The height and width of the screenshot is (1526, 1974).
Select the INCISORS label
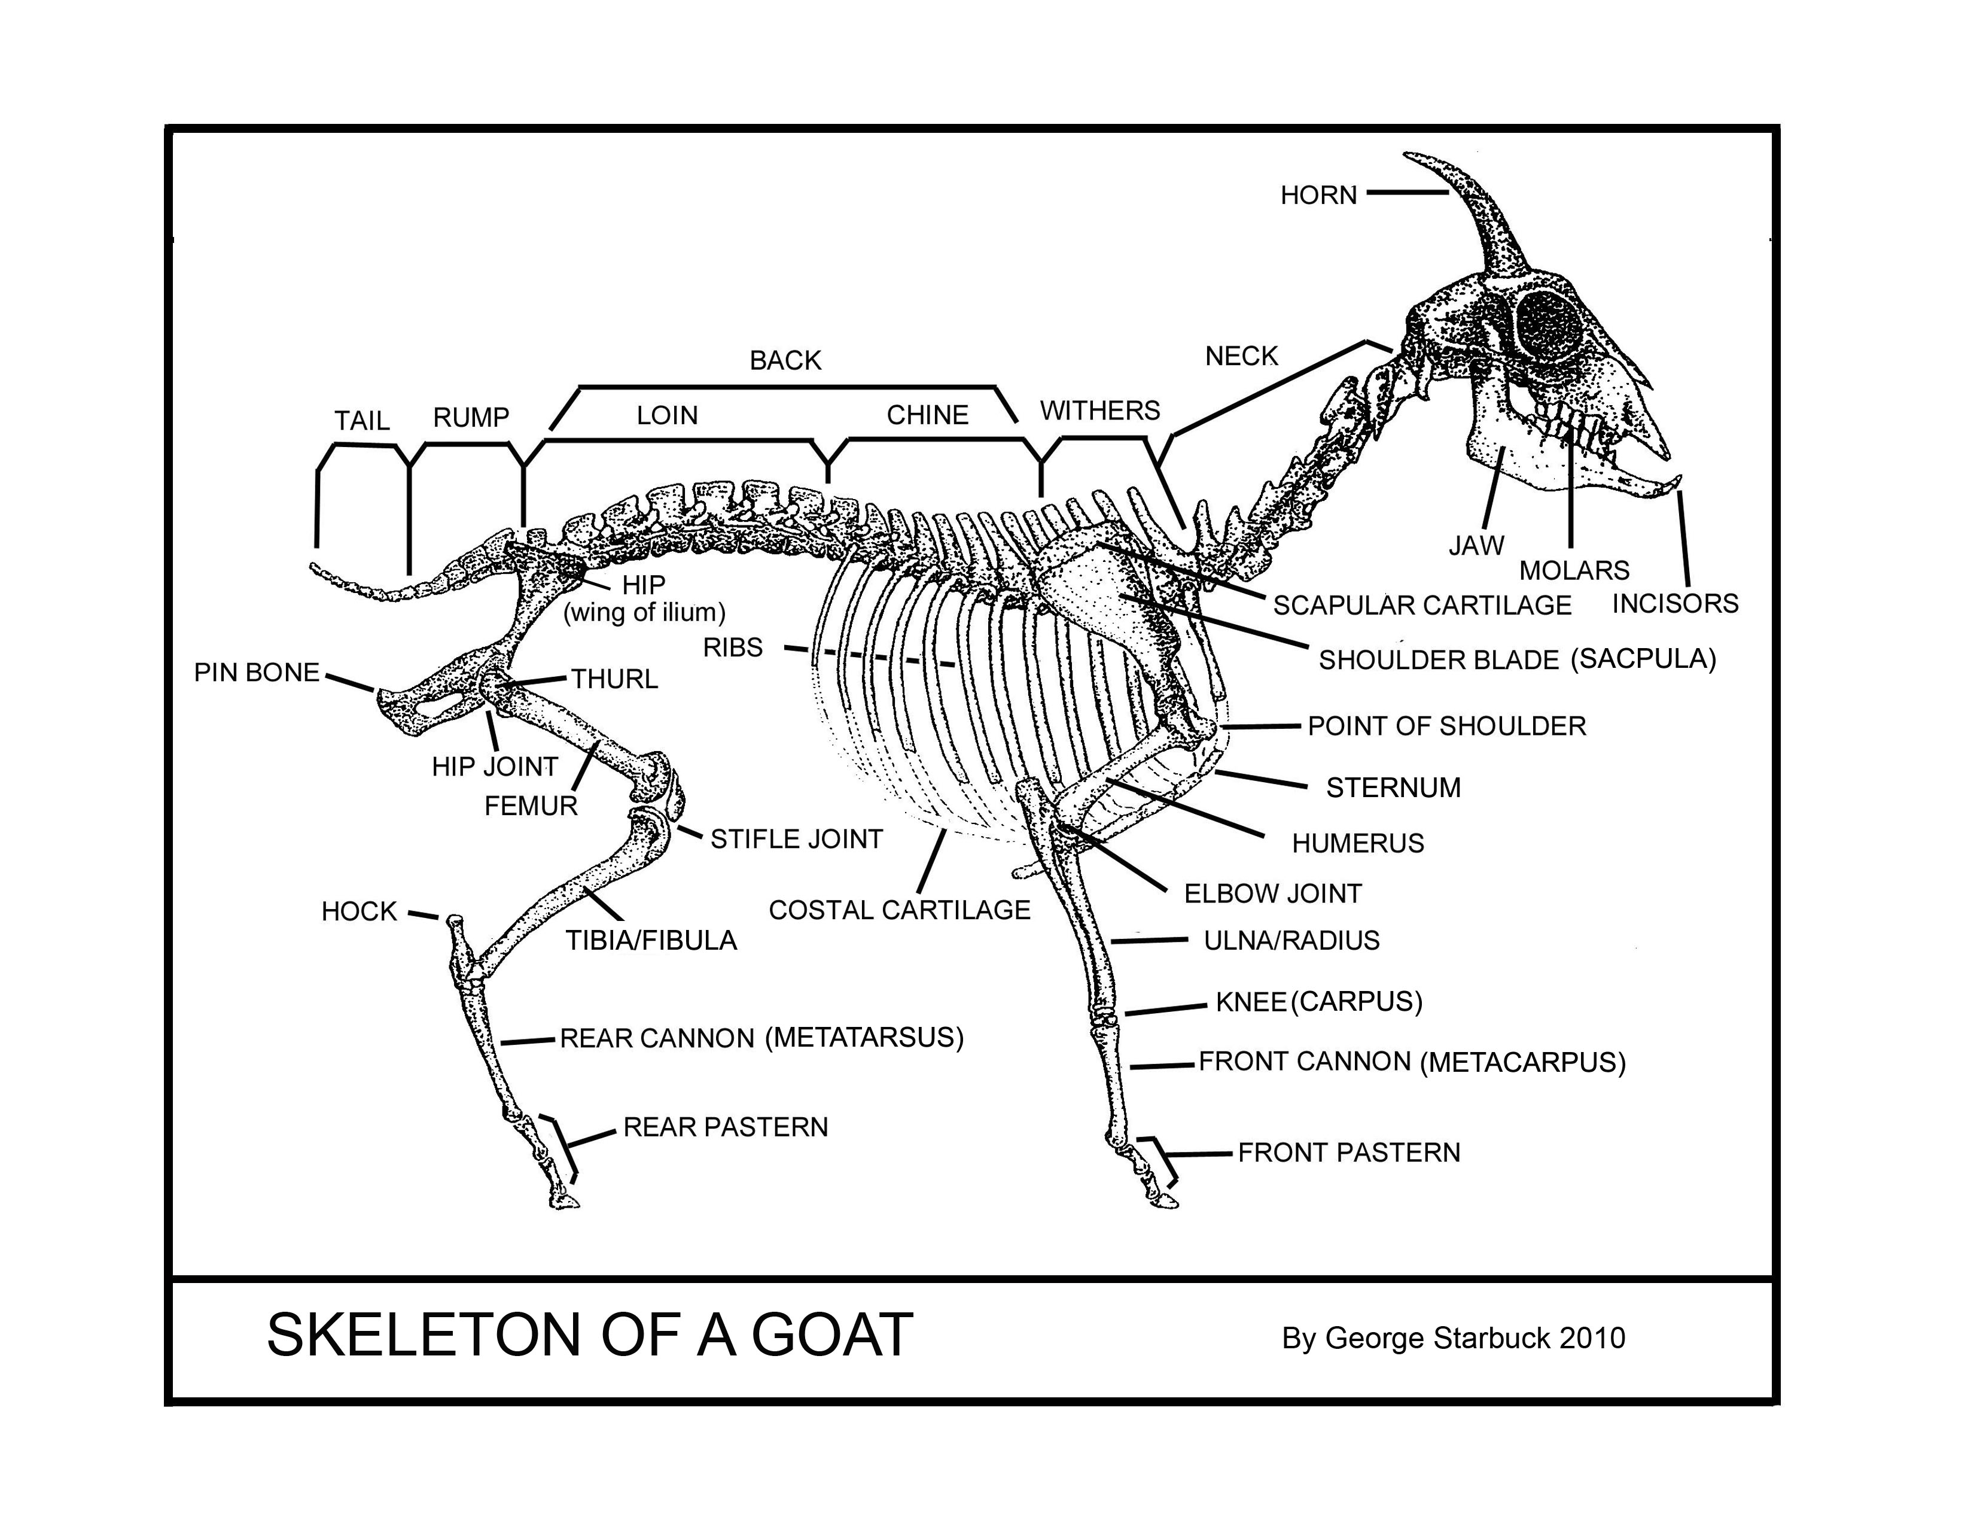coord(1675,603)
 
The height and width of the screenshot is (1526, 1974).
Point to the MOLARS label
coord(1574,570)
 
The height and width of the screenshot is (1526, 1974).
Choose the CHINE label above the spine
coord(927,415)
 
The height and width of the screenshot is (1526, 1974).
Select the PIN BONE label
coord(257,673)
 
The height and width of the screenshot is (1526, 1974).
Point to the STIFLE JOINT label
coord(796,839)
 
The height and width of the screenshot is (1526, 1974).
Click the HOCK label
coord(359,911)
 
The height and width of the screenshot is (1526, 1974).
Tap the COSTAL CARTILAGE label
coord(898,910)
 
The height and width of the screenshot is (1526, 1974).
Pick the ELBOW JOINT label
coord(1272,893)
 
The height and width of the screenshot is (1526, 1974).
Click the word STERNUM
coord(1392,788)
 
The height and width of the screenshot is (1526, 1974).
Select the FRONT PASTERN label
coord(1348,1153)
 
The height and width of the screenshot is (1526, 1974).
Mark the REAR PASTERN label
coord(725,1127)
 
